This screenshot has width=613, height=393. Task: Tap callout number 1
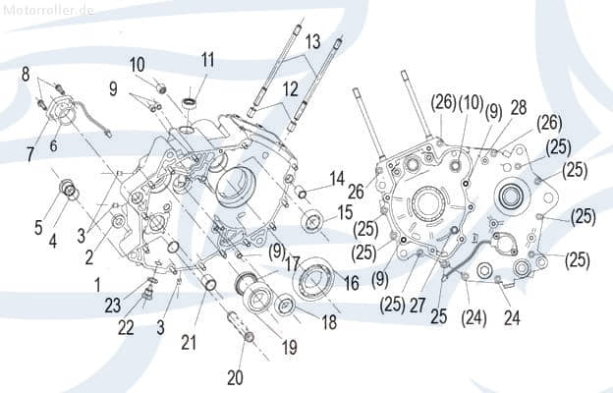97,284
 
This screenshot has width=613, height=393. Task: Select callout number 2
89,257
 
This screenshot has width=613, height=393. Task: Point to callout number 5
38,228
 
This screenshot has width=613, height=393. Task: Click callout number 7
30,153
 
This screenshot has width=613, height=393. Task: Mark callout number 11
207,59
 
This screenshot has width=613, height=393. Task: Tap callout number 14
337,178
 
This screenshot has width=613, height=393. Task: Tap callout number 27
418,306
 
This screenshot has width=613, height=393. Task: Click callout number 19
290,347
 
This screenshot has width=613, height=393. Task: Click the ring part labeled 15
314,222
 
